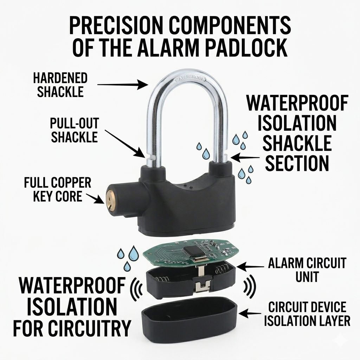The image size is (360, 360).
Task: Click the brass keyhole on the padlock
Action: tap(111, 200)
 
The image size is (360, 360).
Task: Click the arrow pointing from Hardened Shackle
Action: tap(122, 85)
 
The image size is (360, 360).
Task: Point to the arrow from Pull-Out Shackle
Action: tap(125, 144)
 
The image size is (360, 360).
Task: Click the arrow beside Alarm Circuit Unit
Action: tap(250, 267)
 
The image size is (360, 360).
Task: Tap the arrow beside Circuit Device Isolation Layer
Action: tap(250, 313)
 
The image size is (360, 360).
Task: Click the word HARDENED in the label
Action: tap(60, 78)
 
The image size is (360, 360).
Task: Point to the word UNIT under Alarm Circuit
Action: tap(307, 277)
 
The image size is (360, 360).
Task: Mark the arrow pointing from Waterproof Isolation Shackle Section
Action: tap(245, 158)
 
